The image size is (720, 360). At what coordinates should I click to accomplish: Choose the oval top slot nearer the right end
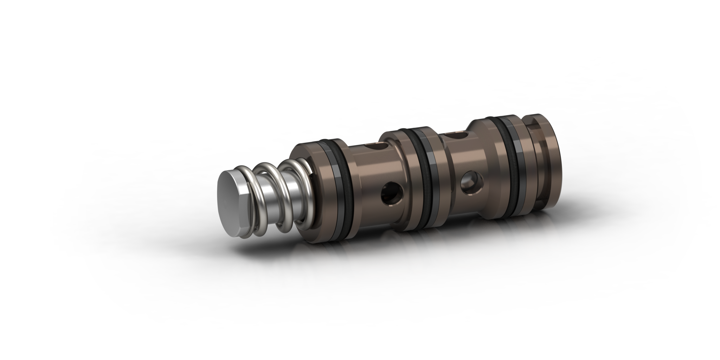[457, 135]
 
